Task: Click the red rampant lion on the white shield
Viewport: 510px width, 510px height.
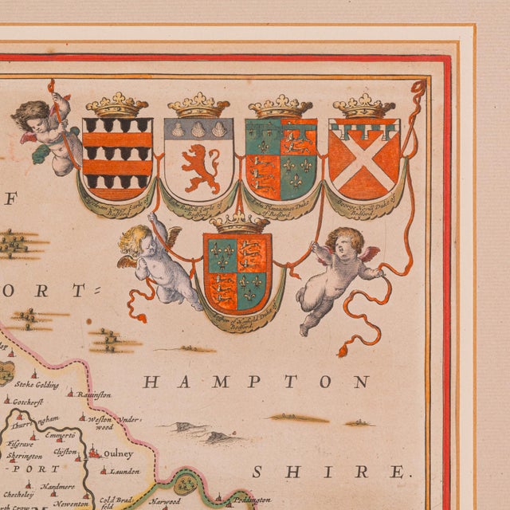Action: pyautogui.click(x=200, y=168)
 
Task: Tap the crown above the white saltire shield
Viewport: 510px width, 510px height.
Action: pyautogui.click(x=363, y=105)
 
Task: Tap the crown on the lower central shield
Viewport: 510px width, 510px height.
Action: pyautogui.click(x=238, y=222)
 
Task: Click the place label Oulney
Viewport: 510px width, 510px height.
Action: pyautogui.click(x=119, y=453)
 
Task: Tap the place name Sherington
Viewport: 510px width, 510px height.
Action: pyautogui.click(x=23, y=456)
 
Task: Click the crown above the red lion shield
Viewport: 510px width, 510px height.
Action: pyautogui.click(x=199, y=105)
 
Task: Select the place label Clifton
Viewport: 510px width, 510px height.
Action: pyautogui.click(x=65, y=451)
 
